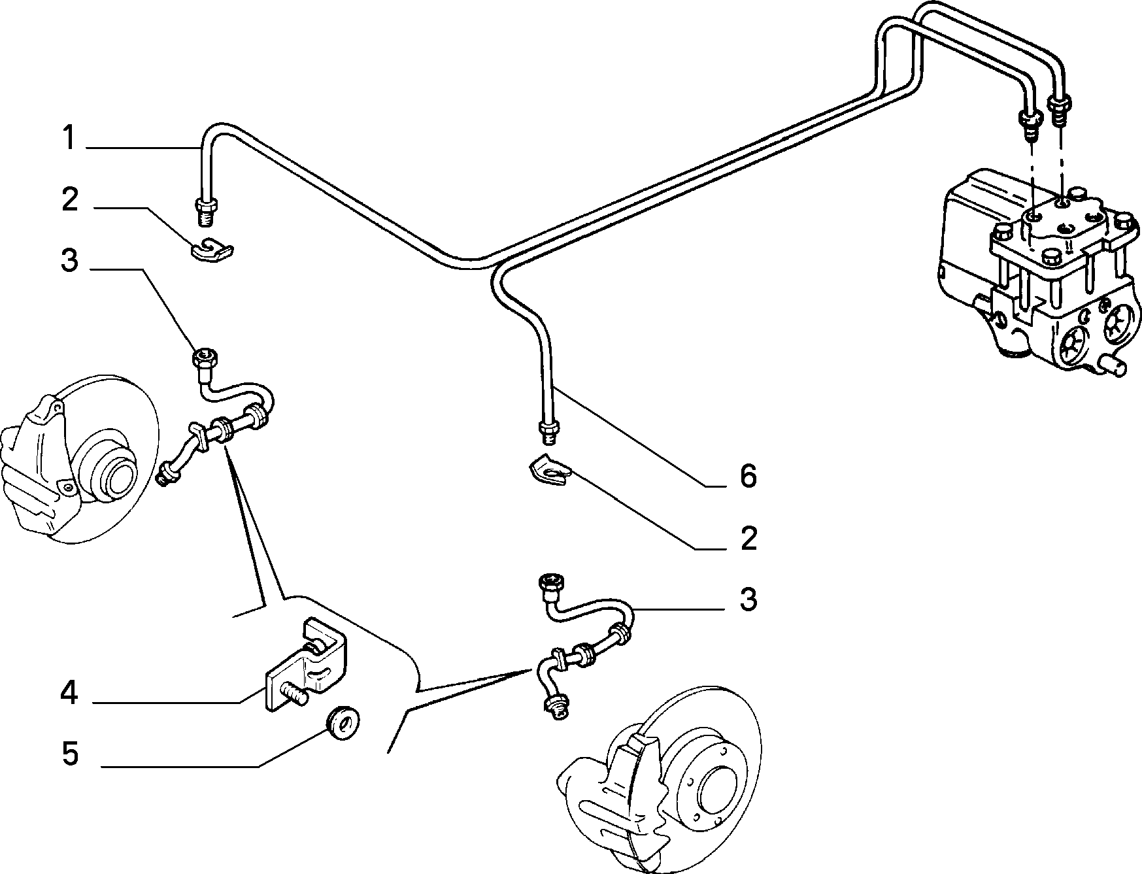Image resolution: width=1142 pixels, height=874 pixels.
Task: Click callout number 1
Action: coord(69,139)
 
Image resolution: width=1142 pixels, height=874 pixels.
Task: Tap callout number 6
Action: coord(748,476)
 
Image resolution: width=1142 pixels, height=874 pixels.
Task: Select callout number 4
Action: coord(70,693)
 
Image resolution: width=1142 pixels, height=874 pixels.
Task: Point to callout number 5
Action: coord(70,753)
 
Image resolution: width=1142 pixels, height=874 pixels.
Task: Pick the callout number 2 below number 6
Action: coord(748,537)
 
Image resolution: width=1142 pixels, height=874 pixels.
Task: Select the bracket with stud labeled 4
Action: coord(307,664)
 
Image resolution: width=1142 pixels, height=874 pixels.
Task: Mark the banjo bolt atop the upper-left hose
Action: coord(204,358)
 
